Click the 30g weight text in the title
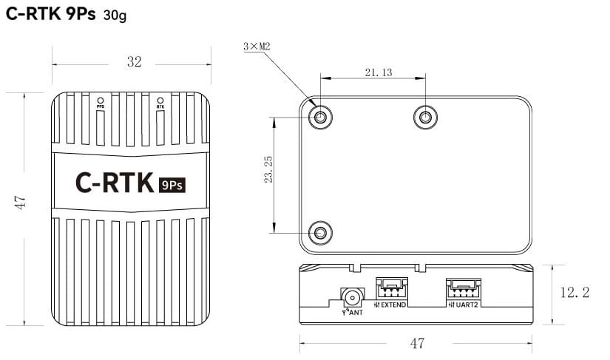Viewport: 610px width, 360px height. click(x=115, y=16)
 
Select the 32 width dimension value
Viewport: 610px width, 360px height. click(x=135, y=62)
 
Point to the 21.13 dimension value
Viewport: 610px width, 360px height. click(x=379, y=72)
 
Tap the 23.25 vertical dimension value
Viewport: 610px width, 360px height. click(x=268, y=169)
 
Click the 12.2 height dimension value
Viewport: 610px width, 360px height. click(x=575, y=292)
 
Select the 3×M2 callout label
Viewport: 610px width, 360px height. click(x=257, y=47)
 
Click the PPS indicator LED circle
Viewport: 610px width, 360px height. click(x=101, y=100)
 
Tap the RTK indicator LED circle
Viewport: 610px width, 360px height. click(x=160, y=100)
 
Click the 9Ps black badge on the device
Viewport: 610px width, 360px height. click(x=172, y=185)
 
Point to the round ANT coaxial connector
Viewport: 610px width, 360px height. click(x=353, y=298)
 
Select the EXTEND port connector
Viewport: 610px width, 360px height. click(x=392, y=288)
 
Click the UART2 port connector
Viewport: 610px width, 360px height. click(x=463, y=289)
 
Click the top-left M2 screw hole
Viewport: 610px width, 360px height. click(x=320, y=117)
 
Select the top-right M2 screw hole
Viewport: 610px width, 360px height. click(x=425, y=117)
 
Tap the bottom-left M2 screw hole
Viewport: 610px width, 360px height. click(x=320, y=233)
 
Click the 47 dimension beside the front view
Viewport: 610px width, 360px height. click(x=20, y=203)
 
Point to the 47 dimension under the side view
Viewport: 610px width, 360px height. click(x=417, y=344)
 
